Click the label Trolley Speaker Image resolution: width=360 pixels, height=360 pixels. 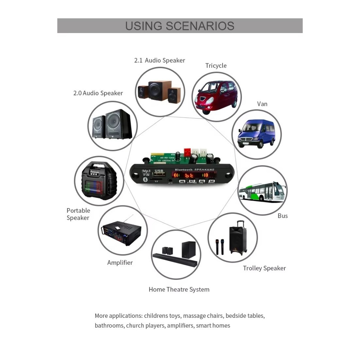264,268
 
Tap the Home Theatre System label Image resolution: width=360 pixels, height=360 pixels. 179,290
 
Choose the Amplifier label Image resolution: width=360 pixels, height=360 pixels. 120,263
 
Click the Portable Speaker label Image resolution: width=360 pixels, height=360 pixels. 78,214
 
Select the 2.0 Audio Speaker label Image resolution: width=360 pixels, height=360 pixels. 98,93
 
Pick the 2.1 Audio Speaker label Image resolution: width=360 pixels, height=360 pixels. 160,60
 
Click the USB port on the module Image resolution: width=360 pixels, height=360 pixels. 159,174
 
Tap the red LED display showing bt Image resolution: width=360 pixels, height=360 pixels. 190,175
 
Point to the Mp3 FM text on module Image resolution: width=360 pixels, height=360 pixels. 146,173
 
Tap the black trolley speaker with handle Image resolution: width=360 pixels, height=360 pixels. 238,239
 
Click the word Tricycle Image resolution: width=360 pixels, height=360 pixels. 216,66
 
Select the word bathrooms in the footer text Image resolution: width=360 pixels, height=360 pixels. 109,326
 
